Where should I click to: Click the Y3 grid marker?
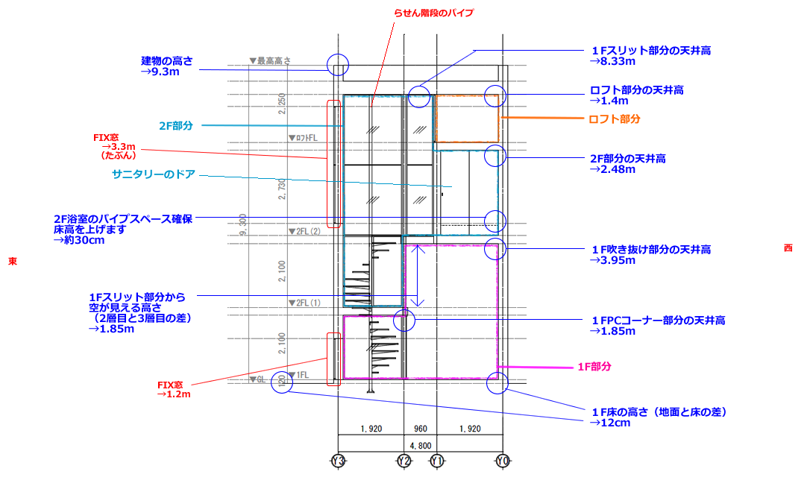click(x=338, y=462)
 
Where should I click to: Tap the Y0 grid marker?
click(x=503, y=462)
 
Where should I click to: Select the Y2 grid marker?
click(x=404, y=462)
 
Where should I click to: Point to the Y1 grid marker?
click(x=437, y=462)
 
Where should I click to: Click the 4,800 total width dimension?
click(x=421, y=446)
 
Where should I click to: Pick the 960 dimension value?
click(x=420, y=429)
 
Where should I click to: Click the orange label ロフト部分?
click(x=615, y=119)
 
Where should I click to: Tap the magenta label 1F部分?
click(x=594, y=367)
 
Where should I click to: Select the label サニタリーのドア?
click(x=154, y=174)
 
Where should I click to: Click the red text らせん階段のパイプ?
click(x=433, y=13)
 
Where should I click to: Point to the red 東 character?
click(x=13, y=262)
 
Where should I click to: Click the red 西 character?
click(x=788, y=248)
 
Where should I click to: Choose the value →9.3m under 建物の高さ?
click(x=160, y=72)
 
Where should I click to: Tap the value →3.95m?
click(x=611, y=261)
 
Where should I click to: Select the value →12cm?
click(x=609, y=423)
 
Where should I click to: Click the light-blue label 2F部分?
click(x=175, y=126)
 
